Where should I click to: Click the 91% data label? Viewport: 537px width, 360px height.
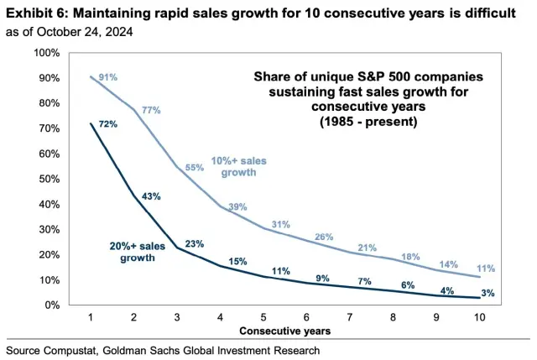point(108,77)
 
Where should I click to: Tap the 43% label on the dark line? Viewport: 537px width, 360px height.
point(152,196)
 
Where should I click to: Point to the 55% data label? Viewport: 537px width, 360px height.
point(195,167)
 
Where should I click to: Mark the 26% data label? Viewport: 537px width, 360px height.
point(324,237)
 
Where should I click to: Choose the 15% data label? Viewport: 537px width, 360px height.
point(238,261)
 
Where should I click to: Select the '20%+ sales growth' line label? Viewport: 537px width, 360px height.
point(138,253)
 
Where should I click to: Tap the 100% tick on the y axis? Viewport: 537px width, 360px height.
point(46,53)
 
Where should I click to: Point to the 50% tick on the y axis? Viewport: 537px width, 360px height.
point(49,179)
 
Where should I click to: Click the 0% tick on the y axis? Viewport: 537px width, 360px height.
point(51,305)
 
